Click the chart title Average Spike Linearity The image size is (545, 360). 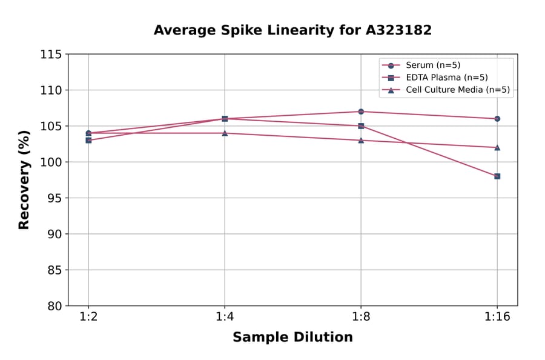point(292,30)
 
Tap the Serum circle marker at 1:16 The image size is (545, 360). point(497,119)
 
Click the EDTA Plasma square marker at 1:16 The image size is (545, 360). point(497,176)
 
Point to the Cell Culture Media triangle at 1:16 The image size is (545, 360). point(497,147)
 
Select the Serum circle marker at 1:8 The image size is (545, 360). point(361,112)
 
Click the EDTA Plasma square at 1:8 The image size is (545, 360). point(361,126)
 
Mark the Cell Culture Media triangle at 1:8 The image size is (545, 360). point(361,140)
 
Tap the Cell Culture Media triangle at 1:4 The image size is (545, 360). point(225,133)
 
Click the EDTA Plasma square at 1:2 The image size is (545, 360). point(88,140)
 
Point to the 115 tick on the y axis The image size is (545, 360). point(51,55)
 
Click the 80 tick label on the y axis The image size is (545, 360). point(54,306)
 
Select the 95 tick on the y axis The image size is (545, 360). point(54,198)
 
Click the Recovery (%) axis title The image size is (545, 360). point(24,180)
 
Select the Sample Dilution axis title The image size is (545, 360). point(292,338)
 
